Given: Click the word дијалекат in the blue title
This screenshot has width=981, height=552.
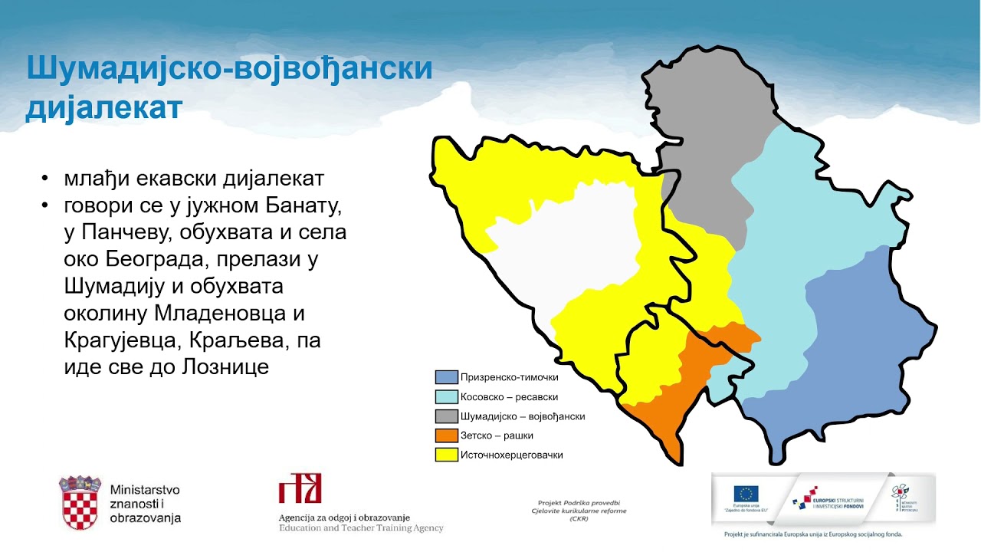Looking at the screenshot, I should pos(104,107).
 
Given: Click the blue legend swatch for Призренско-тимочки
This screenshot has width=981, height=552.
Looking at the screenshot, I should pos(446,377).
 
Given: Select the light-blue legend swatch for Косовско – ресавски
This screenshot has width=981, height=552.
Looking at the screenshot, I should pos(446,396).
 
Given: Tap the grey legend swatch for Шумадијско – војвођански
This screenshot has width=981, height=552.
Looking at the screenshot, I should pos(446,416).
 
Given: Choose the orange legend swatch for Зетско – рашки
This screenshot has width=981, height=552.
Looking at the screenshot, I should pos(446,435).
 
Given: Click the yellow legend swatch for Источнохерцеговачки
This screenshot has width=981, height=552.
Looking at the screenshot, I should pos(446,455).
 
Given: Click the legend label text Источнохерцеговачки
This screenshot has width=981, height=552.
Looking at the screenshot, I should pos(511,455).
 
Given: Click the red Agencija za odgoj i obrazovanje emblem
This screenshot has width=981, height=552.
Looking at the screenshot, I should pos(300,488).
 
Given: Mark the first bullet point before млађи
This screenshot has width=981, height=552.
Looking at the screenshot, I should pos(47,180).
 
